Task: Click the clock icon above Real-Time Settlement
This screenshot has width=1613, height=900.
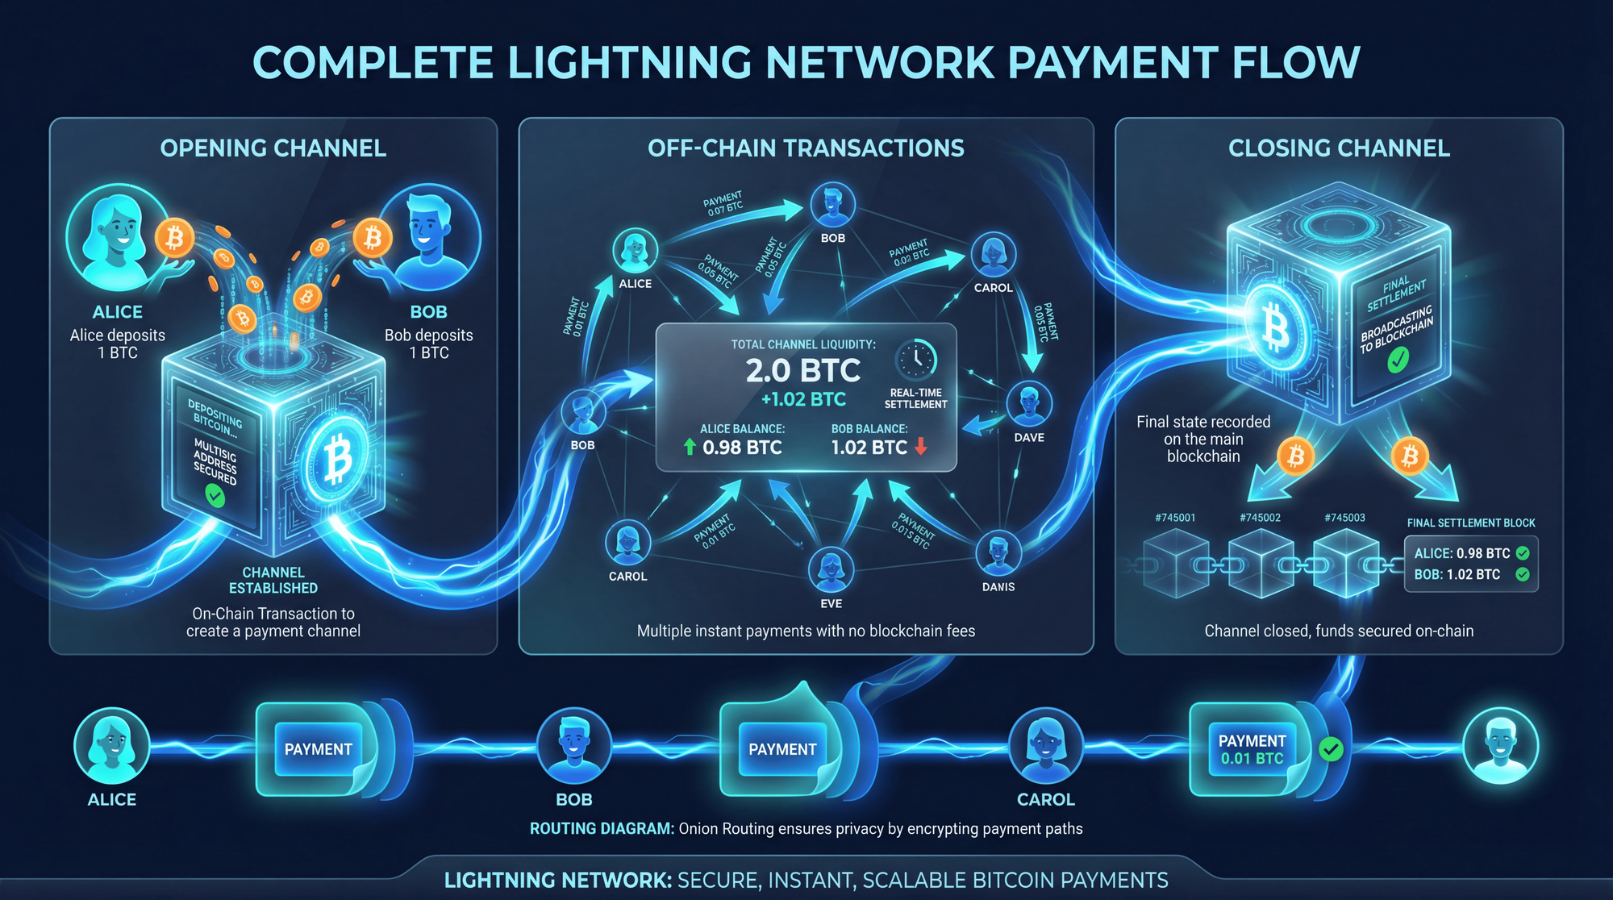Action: coord(916,360)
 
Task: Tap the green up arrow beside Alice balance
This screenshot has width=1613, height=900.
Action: coord(690,447)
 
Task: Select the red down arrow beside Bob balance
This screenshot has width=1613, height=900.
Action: coord(921,447)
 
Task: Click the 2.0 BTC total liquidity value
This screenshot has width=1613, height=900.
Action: coord(802,371)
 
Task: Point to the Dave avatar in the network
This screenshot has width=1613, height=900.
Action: coord(1029,404)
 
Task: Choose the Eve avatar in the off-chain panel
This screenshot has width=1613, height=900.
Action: coord(831,569)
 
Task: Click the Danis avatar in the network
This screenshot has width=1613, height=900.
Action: coord(998,553)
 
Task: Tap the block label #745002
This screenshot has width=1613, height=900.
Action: coord(1260,518)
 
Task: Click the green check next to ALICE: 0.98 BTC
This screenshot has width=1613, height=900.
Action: coord(1523,553)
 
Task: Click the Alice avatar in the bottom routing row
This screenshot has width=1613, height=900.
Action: coord(112,745)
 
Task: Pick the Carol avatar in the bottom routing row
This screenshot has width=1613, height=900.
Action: coord(1046,745)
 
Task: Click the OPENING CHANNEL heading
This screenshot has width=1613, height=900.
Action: coord(273,148)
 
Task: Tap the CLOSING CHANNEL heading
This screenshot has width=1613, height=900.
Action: coord(1339,148)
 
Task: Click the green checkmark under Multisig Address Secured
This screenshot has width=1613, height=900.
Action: coord(215,494)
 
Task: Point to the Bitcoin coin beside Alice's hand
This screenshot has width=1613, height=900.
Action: coord(174,238)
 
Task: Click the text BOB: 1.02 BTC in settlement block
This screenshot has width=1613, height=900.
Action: coord(1457,575)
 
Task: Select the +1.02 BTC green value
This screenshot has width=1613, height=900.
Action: coord(803,399)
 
